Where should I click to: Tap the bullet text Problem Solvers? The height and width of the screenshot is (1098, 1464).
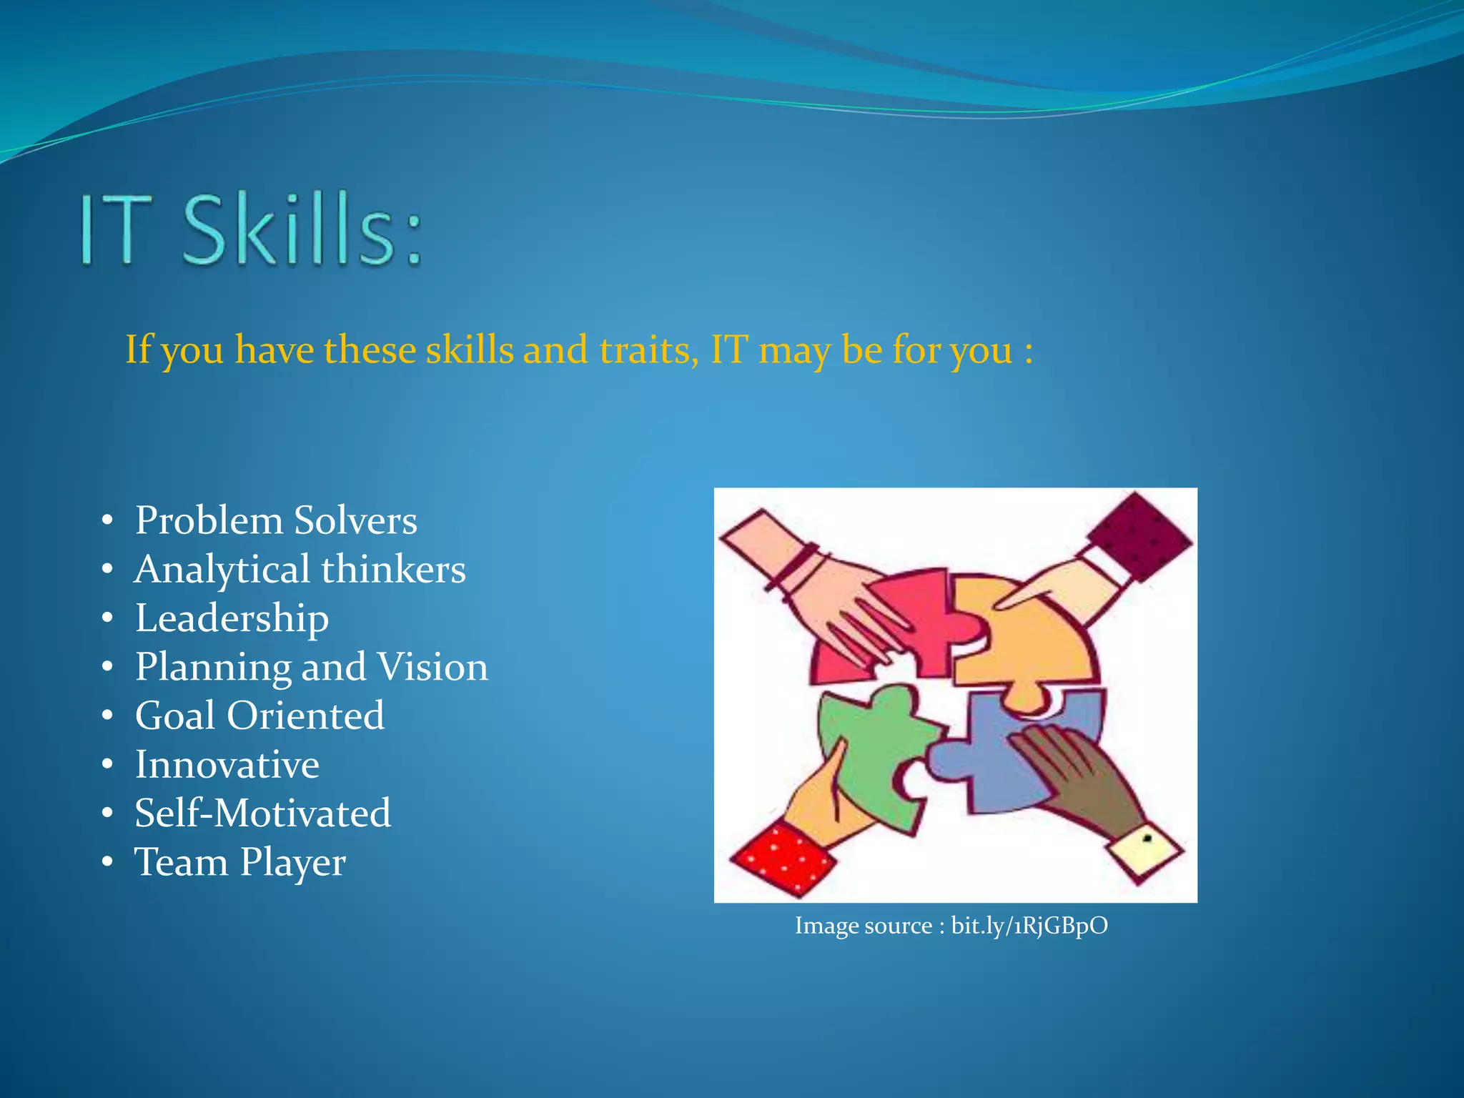[x=276, y=520]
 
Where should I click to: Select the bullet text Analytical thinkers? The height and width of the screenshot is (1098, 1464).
[x=300, y=570]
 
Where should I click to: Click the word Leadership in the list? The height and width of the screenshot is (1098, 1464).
[x=232, y=618]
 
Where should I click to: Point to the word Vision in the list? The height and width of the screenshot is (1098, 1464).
[x=432, y=667]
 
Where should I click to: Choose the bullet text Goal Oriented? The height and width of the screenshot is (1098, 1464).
[x=259, y=716]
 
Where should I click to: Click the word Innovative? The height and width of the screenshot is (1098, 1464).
[x=227, y=765]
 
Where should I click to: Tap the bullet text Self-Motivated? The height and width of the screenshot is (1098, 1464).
[x=263, y=813]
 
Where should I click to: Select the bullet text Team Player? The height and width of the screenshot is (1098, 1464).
[x=240, y=862]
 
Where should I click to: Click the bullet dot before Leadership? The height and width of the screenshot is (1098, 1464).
[x=107, y=618]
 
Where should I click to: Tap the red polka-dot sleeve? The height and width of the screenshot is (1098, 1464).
[x=783, y=858]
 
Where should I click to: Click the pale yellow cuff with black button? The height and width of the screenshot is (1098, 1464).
[x=1144, y=851]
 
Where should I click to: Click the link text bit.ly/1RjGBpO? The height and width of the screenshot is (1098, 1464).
[x=1029, y=926]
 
